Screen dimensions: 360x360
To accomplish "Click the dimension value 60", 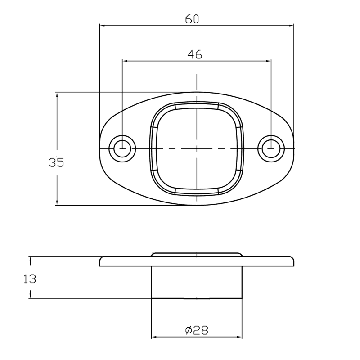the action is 192,19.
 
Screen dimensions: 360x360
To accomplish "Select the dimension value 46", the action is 195,54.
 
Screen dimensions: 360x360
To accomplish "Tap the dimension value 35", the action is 57,162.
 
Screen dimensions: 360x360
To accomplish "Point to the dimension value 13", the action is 30,279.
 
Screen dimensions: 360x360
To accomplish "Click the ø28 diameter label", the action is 197,330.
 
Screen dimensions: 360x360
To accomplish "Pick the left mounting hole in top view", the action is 122,149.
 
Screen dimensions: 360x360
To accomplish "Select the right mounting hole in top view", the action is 271,149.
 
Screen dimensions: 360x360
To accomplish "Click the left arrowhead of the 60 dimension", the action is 103,26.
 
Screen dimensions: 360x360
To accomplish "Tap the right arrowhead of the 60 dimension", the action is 291,26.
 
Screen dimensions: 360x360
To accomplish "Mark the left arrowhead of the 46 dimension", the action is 125,61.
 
